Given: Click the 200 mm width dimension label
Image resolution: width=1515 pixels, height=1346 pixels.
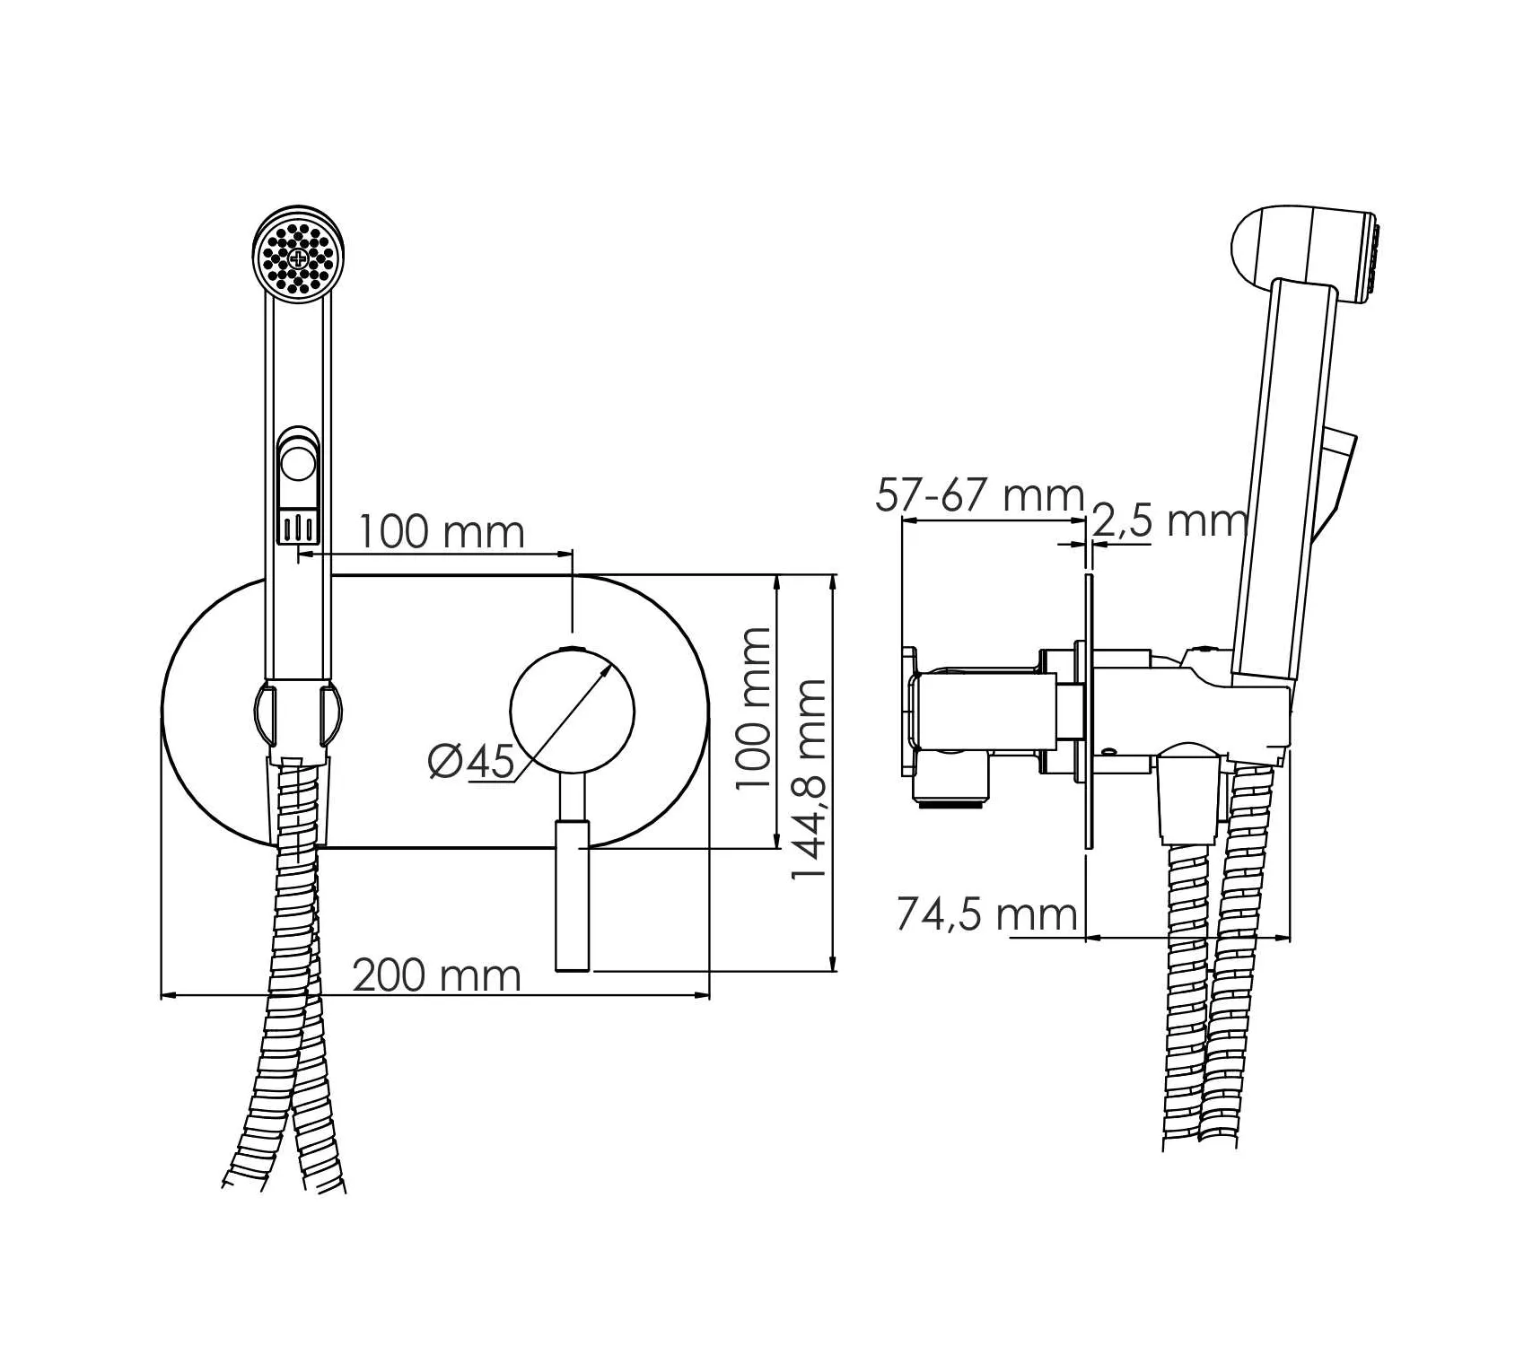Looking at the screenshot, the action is (x=437, y=975).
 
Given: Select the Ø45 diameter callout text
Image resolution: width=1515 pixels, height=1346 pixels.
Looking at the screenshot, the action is (x=472, y=762).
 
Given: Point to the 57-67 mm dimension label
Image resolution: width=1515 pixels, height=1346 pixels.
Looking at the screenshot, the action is (x=980, y=495).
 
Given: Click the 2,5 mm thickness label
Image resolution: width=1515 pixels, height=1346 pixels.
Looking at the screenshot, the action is (x=1169, y=520).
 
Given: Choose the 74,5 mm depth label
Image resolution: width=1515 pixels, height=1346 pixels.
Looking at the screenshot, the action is (x=987, y=914).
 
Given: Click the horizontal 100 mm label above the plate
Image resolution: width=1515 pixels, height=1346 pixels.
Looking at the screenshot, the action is (x=442, y=532).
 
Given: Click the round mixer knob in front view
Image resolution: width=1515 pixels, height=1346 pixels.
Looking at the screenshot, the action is (x=573, y=712).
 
